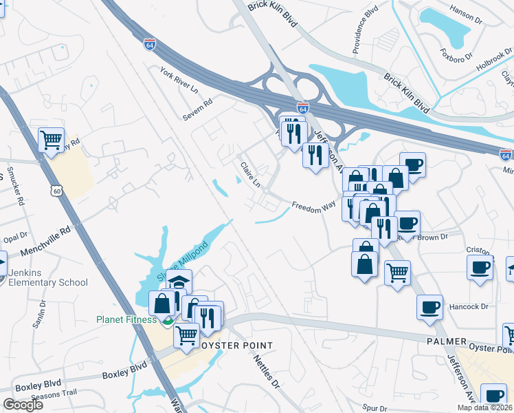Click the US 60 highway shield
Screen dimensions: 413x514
(x=57, y=187)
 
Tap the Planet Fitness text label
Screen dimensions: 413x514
(x=128, y=319)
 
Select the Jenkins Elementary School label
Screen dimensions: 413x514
(x=48, y=277)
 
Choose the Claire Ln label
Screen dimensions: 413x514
(x=250, y=174)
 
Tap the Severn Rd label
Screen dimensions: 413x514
(x=198, y=110)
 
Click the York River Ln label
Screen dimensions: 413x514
(x=178, y=79)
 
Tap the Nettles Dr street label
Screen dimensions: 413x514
(x=267, y=369)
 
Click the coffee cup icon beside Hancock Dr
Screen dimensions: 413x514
(x=431, y=307)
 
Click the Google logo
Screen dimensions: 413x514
(x=23, y=404)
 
